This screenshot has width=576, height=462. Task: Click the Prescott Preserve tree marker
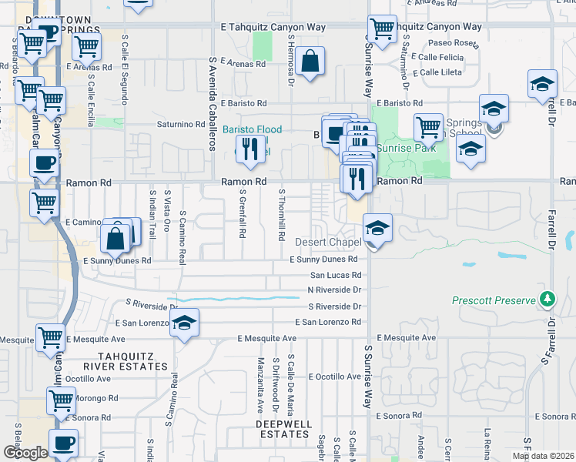tap(548, 298)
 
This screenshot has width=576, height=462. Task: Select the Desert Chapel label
tap(328, 243)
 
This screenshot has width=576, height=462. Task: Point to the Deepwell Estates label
tap(283, 429)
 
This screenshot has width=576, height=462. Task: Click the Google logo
tap(25, 453)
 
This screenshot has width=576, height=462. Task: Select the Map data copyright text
tap(543, 456)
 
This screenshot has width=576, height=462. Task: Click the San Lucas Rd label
tap(336, 275)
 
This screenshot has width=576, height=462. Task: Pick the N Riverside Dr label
tap(334, 290)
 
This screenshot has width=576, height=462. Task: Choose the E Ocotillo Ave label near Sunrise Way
tap(334, 377)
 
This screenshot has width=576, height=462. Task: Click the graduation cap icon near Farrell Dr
tap(542, 84)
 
